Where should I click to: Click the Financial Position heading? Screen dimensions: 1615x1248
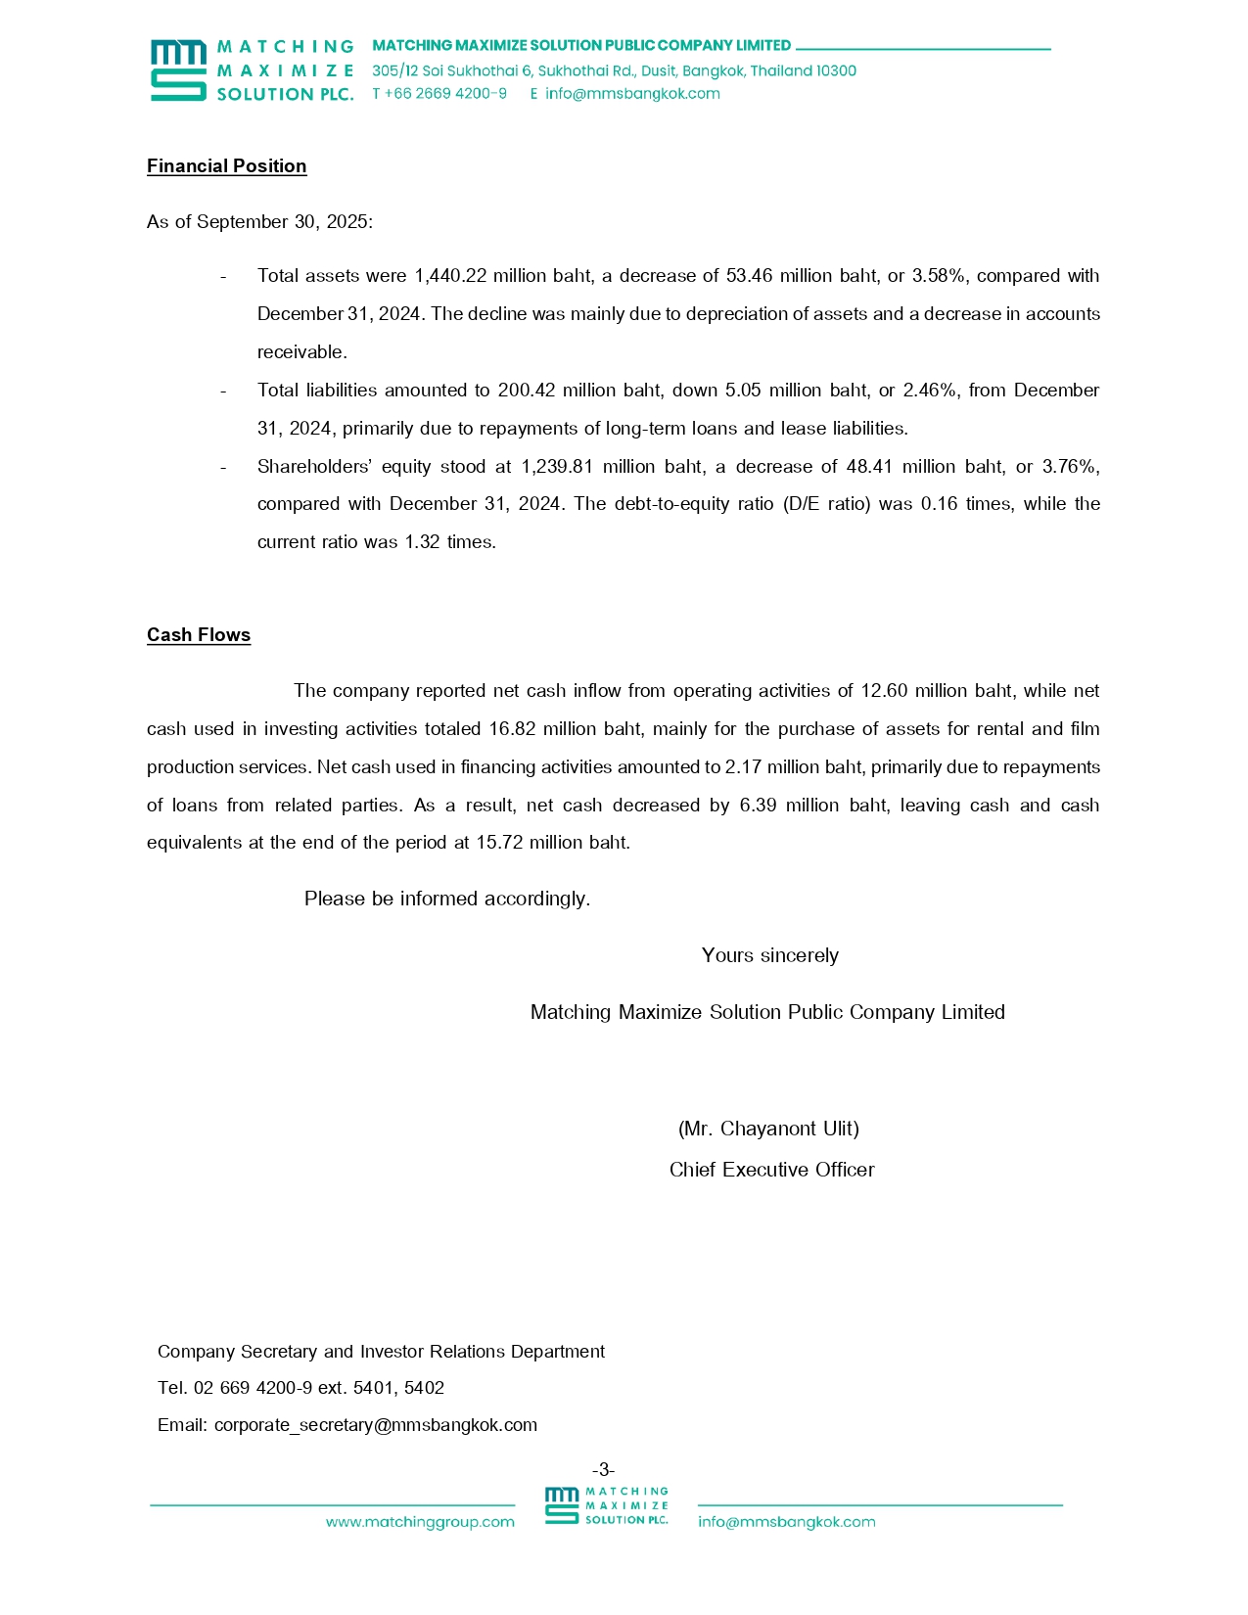click(226, 166)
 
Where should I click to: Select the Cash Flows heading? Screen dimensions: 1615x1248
click(199, 635)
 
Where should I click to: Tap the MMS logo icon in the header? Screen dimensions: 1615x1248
click(178, 70)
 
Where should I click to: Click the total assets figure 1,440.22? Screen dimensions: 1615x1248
click(450, 276)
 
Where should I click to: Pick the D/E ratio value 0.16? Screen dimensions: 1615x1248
click(939, 504)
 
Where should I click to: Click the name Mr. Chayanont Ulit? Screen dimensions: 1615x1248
click(768, 1129)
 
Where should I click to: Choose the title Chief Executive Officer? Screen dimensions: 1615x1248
click(771, 1170)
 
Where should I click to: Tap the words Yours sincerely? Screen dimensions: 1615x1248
click(769, 955)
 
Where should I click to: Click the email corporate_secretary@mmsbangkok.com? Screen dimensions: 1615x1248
click(376, 1425)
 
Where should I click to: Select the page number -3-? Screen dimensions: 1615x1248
click(604, 1469)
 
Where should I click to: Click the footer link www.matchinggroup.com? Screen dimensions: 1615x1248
click(420, 1522)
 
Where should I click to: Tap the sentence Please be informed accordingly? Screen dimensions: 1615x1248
click(447, 899)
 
